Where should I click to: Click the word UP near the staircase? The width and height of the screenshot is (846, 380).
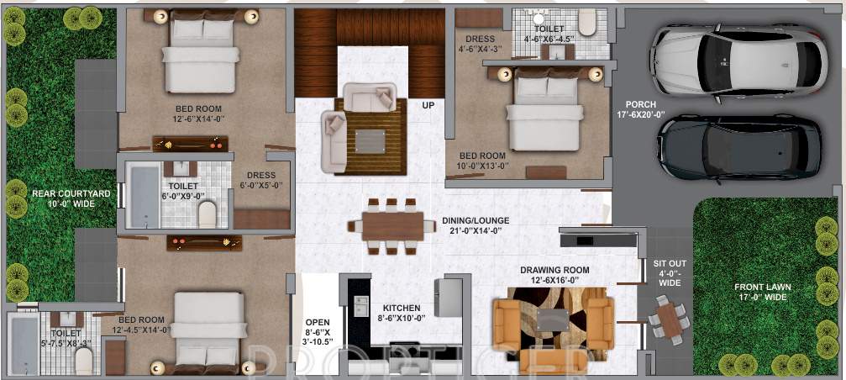pyautogui.click(x=428, y=106)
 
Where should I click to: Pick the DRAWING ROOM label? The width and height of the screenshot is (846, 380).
pyautogui.click(x=554, y=275)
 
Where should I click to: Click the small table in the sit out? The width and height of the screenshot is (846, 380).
pyautogui.click(x=669, y=320)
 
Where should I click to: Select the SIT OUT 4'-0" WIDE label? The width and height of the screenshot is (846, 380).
pyautogui.click(x=670, y=272)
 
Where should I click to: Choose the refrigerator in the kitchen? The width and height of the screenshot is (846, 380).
pyautogui.click(x=448, y=297)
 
